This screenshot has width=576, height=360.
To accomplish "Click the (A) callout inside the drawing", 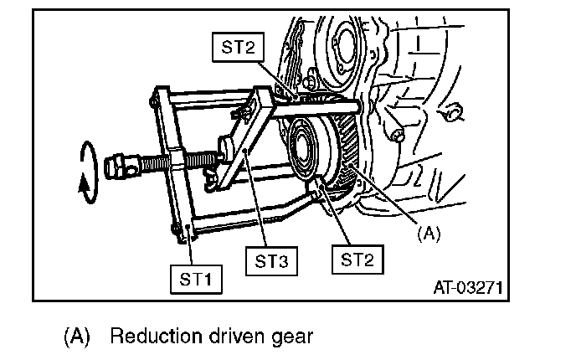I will click(x=428, y=234).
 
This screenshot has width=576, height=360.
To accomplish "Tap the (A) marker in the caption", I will click(x=77, y=337).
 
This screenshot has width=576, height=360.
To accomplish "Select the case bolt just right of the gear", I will click(x=397, y=134).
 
